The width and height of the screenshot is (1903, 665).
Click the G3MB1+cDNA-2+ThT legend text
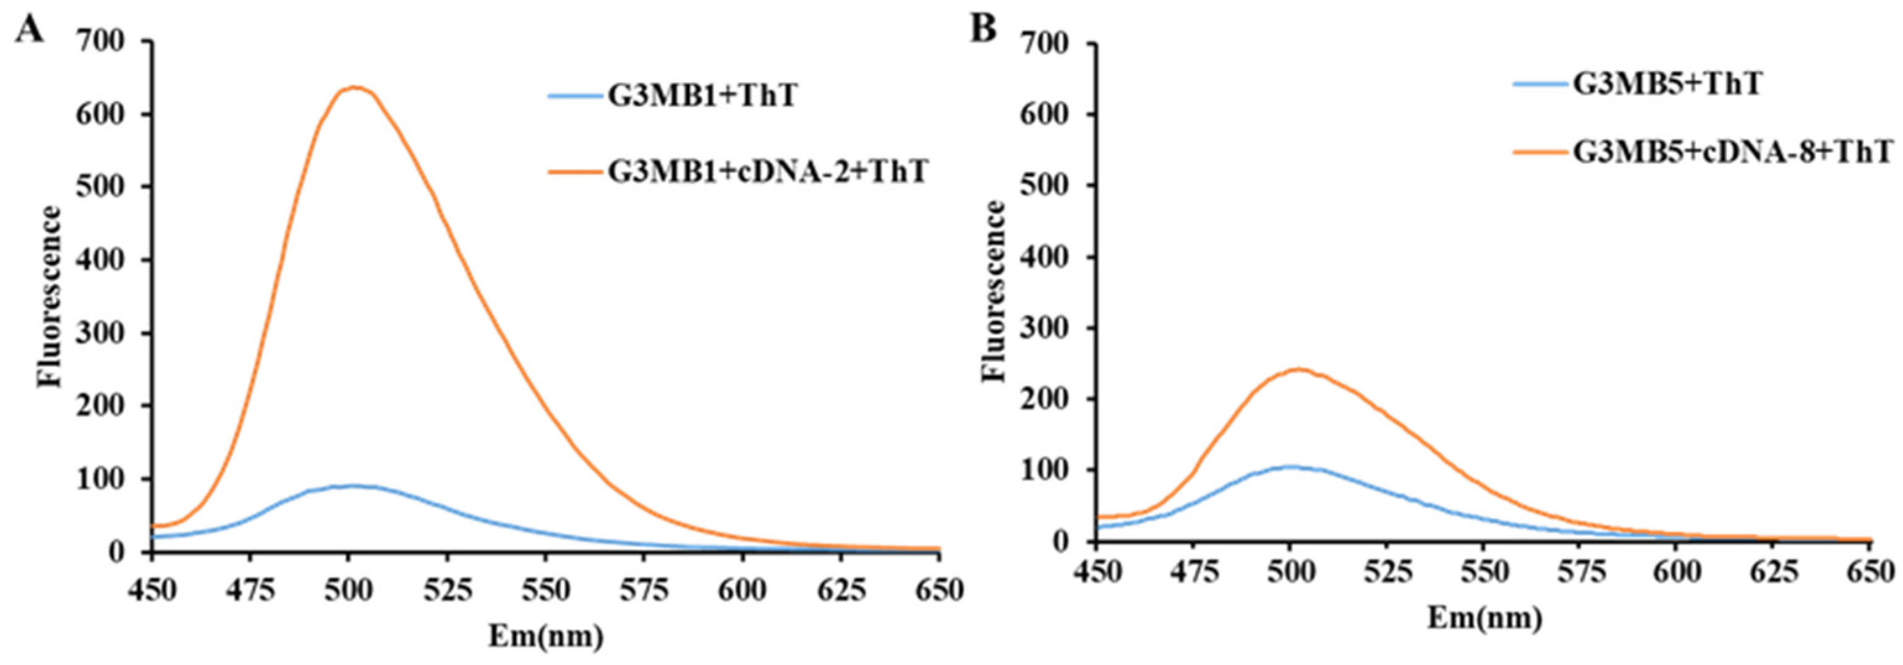pyautogui.click(x=767, y=173)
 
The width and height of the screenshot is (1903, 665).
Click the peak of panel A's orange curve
pyautogui.click(x=355, y=88)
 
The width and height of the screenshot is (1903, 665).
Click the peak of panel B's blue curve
pyautogui.click(x=1290, y=466)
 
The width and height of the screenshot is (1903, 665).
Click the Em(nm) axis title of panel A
pyautogui.click(x=545, y=635)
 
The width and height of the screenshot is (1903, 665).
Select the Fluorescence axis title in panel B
pyautogui.click(x=995, y=290)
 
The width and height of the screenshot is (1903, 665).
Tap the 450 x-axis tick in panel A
pyautogui.click(x=151, y=590)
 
